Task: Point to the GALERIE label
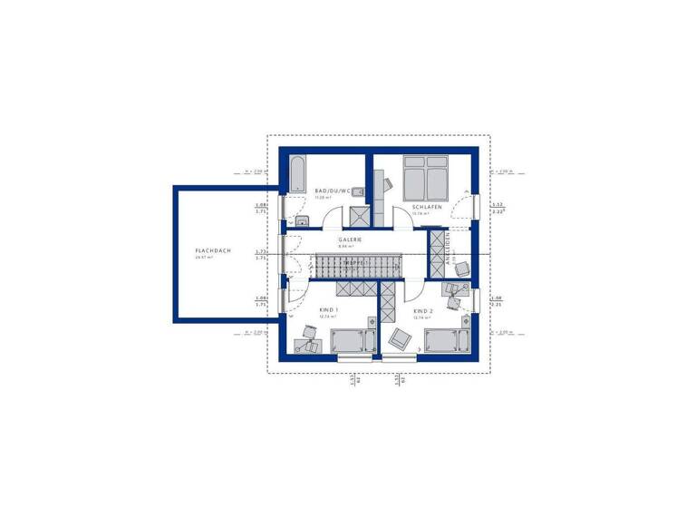click(x=351, y=239)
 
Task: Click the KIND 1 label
click(x=329, y=310)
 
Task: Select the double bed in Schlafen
click(x=424, y=177)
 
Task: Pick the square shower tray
click(x=359, y=215)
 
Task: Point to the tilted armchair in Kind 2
click(x=398, y=338)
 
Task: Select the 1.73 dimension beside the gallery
click(x=261, y=251)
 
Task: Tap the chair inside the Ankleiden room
click(x=461, y=269)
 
